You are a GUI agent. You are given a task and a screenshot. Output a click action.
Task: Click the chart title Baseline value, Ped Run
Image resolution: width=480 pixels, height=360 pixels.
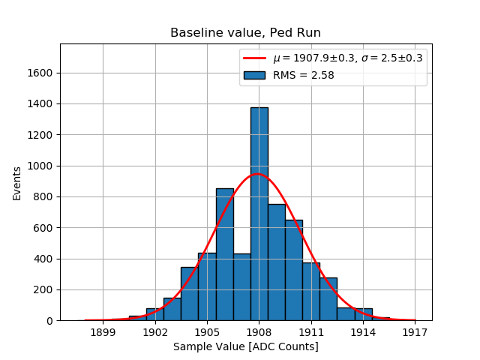pos(245,33)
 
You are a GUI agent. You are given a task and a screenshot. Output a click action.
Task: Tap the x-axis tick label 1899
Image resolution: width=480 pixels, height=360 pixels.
pos(103,331)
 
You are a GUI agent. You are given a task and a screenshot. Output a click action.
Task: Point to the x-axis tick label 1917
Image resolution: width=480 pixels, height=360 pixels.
pos(415,331)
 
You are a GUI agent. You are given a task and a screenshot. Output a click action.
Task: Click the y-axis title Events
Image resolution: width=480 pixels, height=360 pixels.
pos(16,183)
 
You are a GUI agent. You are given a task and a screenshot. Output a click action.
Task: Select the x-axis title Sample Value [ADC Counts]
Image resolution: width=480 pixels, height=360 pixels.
pos(245,346)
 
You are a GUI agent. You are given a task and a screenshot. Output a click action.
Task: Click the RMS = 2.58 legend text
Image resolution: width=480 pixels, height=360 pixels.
pos(303,75)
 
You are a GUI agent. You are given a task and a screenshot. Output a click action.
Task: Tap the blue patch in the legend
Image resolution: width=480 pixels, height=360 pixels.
pos(254,75)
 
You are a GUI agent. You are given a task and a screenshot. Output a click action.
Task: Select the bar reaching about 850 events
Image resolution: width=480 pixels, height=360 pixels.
pos(224,254)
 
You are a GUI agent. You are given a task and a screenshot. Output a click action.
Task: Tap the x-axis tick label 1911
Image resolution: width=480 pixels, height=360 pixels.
pos(311,331)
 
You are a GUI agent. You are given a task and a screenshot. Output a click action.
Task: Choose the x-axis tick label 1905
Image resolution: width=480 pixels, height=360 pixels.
pos(207,331)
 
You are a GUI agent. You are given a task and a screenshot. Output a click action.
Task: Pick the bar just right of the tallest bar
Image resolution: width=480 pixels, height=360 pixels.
pos(276,262)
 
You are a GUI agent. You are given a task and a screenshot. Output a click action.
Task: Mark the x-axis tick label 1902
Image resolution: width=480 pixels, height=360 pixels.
pos(155,331)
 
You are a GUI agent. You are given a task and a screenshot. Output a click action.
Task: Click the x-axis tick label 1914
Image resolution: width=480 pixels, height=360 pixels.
pos(363,331)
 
